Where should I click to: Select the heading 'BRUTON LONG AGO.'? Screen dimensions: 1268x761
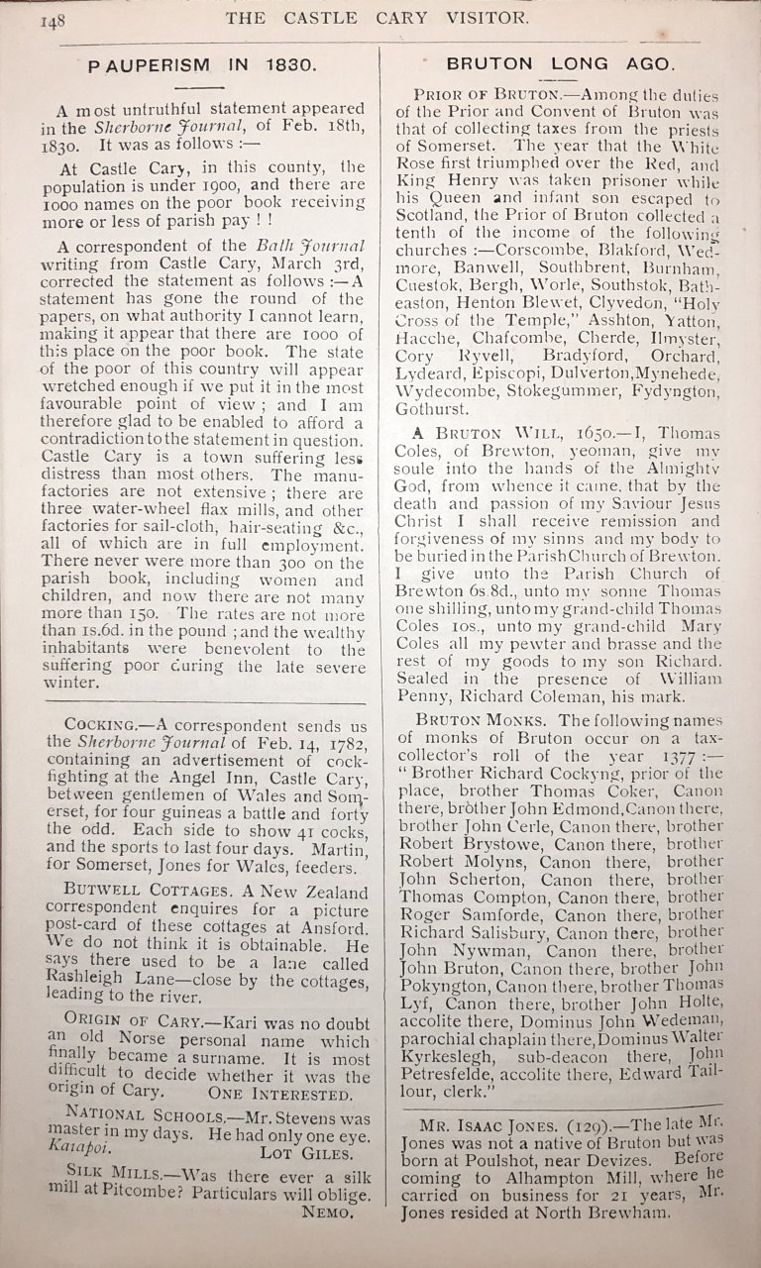point(560,62)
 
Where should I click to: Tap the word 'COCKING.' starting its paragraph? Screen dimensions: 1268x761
point(98,724)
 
